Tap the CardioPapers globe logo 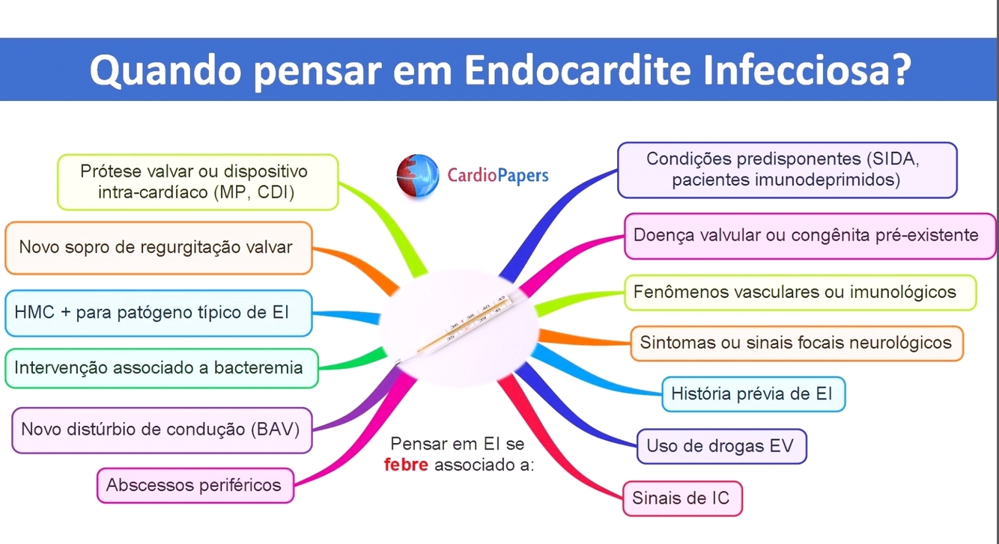[417, 176]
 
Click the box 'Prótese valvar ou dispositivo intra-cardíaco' [198, 182]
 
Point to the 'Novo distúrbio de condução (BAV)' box [161, 430]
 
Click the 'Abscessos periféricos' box [195, 485]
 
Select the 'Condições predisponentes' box [787, 170]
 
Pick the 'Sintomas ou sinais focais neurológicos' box [796, 343]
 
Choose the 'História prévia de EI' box [753, 394]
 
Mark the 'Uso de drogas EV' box [720, 447]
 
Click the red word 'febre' [406, 465]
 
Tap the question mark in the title [896, 69]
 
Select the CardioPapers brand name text [498, 176]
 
